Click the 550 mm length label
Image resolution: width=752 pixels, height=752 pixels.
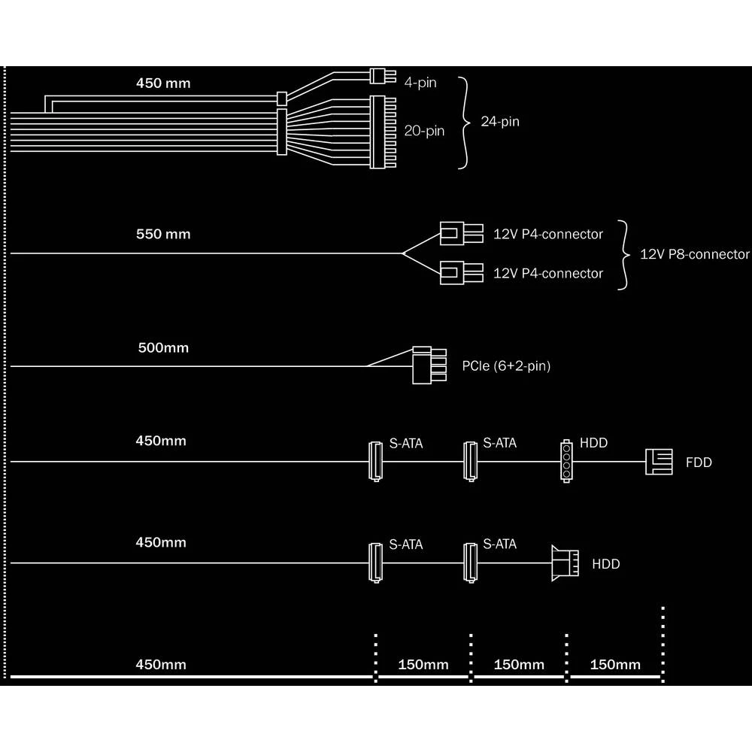pos(163,234)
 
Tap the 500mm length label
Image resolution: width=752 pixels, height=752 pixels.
pos(163,347)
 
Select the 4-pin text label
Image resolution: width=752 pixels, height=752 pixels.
pos(420,83)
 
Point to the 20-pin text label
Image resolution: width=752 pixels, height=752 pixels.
pos(424,131)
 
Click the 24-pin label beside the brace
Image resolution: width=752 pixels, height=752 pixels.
pos(500,121)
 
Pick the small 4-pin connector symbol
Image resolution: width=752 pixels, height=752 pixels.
pos(383,76)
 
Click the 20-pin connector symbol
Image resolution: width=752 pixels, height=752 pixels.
pos(383,132)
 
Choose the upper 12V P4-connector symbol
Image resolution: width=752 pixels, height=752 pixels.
pos(462,233)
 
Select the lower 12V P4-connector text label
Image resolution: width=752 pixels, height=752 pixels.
pos(548,274)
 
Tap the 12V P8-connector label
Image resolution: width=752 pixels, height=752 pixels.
pos(694,254)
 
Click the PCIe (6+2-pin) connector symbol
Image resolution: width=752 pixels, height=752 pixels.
pos(429,365)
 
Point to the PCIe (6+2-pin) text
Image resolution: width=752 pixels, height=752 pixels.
pos(506,366)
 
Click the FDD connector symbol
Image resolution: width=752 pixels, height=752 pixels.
pos(659,462)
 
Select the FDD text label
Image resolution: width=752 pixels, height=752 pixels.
pos(699,462)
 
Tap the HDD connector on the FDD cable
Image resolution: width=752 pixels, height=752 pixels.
pos(566,461)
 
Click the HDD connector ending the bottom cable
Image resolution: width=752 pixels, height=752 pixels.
pos(565,563)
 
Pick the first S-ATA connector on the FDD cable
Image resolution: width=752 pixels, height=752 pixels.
pos(375,462)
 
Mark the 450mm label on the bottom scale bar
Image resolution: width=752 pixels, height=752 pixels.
pos(161,665)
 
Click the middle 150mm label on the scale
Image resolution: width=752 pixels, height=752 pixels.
pos(519,665)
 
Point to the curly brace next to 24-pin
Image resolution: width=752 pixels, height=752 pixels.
pos(464,123)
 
